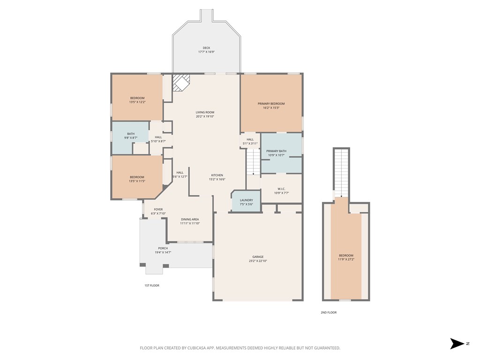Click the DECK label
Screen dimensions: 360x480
(206, 48)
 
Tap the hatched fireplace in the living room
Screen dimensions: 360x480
(181, 83)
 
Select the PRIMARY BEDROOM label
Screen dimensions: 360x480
(271, 104)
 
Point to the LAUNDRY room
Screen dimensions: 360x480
(246, 202)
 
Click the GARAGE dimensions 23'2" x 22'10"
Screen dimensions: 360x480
(258, 261)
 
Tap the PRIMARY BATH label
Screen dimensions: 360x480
(276, 151)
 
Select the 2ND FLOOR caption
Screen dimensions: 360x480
(329, 312)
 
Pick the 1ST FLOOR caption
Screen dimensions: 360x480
(151, 285)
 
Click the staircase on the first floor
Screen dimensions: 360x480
(253, 162)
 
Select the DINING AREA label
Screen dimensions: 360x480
(190, 219)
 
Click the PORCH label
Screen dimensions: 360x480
(163, 248)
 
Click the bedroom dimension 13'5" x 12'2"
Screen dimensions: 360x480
(137, 102)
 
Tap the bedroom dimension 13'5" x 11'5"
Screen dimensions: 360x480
(137, 180)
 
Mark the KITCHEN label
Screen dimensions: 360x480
(217, 175)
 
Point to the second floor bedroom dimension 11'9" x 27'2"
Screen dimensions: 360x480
(346, 259)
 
